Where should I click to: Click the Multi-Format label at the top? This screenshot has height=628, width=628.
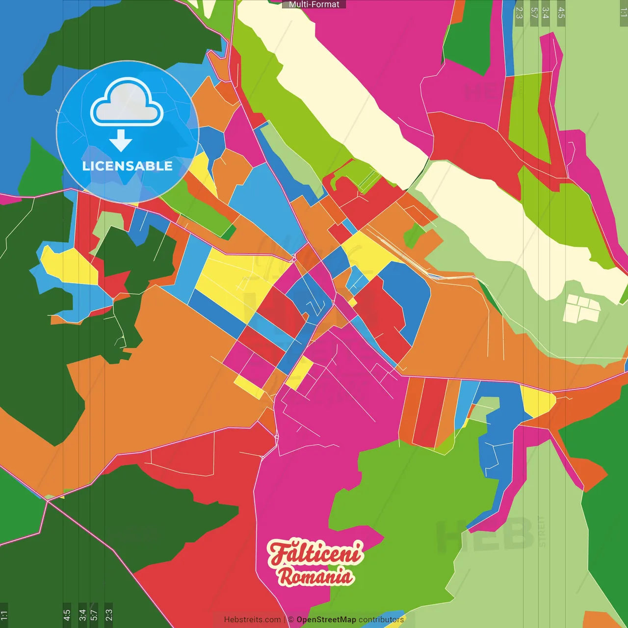pyautogui.click(x=314, y=4)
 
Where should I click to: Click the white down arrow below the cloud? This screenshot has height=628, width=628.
pyautogui.click(x=121, y=141)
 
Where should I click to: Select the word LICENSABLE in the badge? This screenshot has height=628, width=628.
pyautogui.click(x=128, y=166)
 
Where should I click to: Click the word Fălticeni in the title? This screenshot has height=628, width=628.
pyautogui.click(x=315, y=553)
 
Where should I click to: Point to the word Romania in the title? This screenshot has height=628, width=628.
pyautogui.click(x=316, y=576)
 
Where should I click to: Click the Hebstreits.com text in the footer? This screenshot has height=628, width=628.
pyautogui.click(x=252, y=620)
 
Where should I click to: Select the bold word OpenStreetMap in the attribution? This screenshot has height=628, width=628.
pyautogui.click(x=326, y=620)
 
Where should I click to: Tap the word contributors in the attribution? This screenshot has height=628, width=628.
pyautogui.click(x=381, y=620)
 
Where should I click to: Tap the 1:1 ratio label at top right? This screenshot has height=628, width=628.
pyautogui.click(x=624, y=12)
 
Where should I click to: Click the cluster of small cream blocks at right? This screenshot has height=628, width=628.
pyautogui.click(x=582, y=308)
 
